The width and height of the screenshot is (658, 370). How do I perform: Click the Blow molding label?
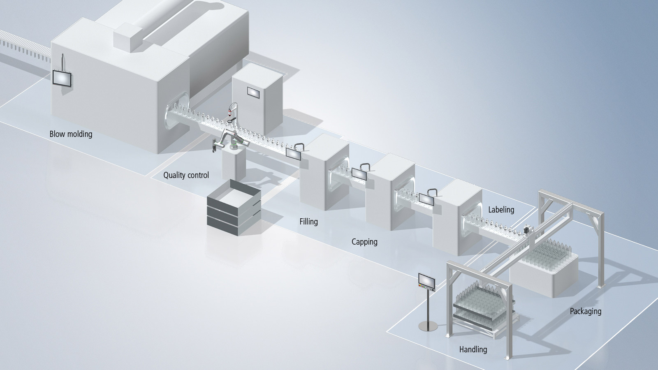pos(71,134)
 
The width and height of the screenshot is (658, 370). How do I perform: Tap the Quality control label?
pos(186,175)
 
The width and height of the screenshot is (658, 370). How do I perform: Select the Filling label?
pos(308,222)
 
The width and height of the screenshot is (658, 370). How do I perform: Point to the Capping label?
pos(364,242)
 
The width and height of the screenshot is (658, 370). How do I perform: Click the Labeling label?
pos(501,210)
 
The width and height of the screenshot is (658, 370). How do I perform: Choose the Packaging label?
pos(585,311)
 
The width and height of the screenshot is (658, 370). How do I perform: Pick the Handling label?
pos(473,349)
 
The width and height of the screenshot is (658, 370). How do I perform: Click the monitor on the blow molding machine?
pos(63,78)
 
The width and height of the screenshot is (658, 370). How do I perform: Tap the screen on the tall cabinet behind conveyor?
pos(253,93)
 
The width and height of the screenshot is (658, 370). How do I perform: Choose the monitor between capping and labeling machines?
pos(426,199)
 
